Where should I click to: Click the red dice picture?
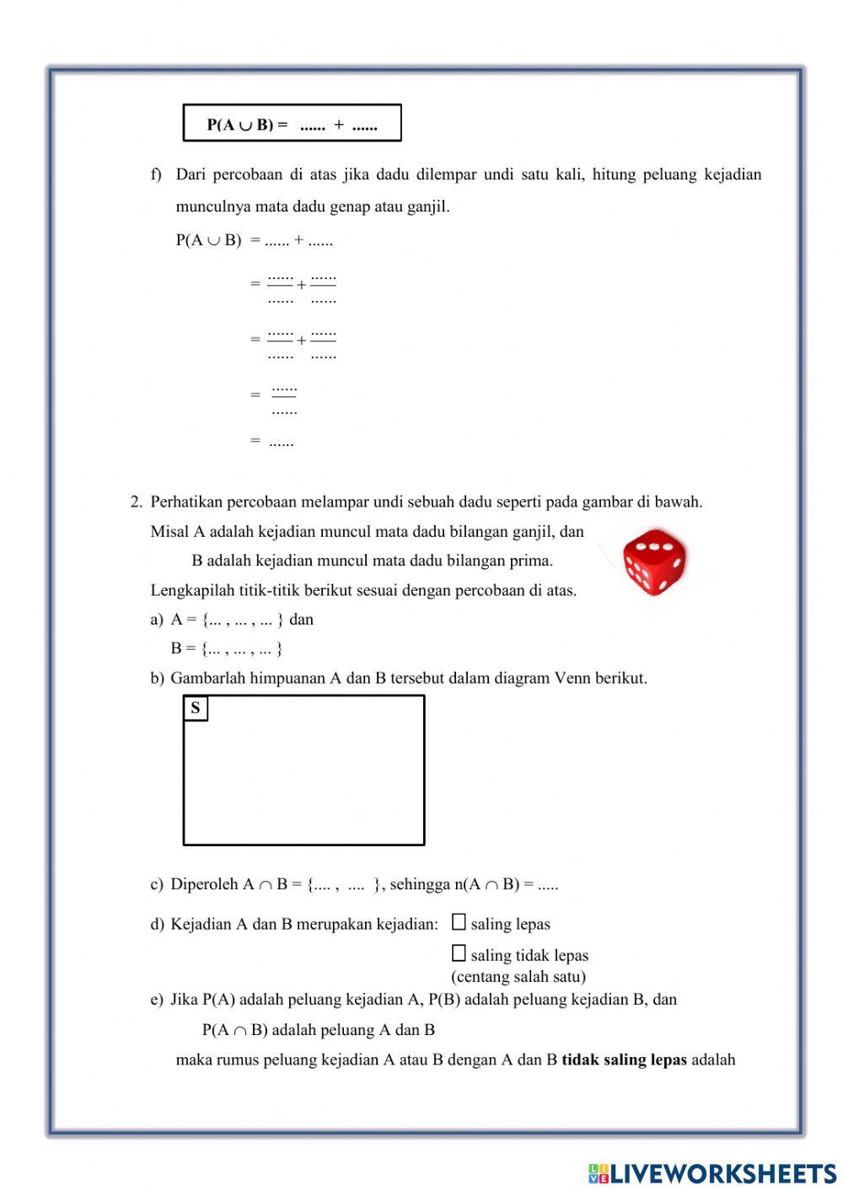(x=653, y=562)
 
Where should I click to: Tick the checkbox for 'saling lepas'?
(x=459, y=922)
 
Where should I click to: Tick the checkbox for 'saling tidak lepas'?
(x=459, y=953)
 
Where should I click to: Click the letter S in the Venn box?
(x=196, y=708)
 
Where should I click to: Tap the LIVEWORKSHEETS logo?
(x=712, y=1172)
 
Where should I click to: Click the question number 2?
(x=136, y=502)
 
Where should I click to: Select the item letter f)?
(x=156, y=174)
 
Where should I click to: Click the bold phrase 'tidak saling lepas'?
(x=624, y=1060)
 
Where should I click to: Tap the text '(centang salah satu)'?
(x=518, y=977)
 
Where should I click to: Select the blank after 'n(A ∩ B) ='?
(x=548, y=885)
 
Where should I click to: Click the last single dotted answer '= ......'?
(x=281, y=441)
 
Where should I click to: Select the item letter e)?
(x=156, y=1000)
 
